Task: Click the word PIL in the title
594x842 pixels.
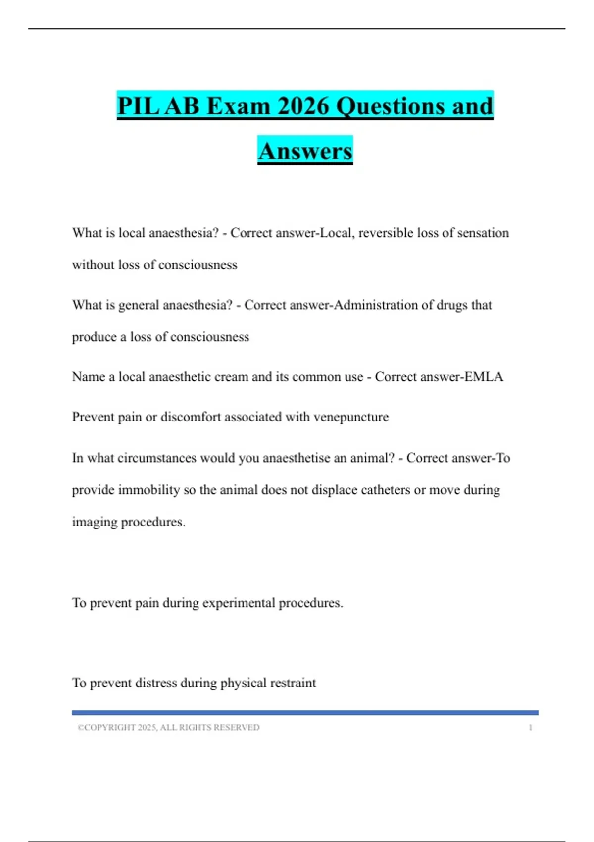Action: click(138, 106)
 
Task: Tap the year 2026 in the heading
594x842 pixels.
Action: click(303, 106)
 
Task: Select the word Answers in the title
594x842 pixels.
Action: click(305, 151)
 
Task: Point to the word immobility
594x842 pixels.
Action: click(149, 490)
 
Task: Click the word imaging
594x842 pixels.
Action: click(95, 522)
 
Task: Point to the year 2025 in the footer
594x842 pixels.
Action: click(147, 728)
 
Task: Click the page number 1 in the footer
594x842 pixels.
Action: click(530, 728)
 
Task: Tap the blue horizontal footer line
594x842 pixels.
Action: click(305, 713)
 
